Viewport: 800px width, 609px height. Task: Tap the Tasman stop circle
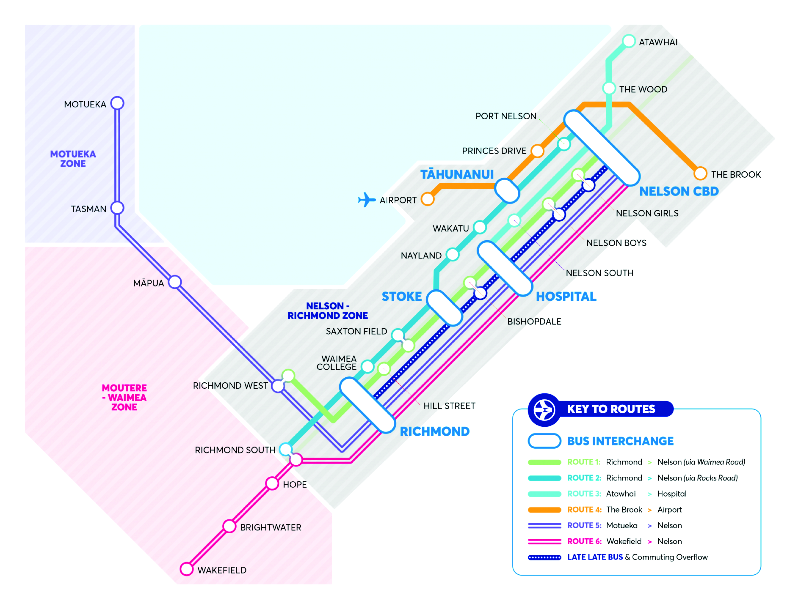click(117, 208)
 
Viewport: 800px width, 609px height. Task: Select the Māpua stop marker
click(175, 282)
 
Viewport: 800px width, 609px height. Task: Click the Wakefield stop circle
click(186, 569)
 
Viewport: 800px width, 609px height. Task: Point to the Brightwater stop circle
click(229, 526)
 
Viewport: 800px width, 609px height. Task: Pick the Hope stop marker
click(272, 484)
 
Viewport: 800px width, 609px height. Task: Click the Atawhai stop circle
click(629, 41)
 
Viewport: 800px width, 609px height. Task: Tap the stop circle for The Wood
click(609, 88)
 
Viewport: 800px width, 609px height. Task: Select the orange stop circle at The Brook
click(700, 174)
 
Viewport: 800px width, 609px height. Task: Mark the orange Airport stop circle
click(428, 199)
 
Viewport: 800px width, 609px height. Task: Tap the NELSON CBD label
click(679, 191)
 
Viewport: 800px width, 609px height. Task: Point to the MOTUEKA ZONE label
click(73, 159)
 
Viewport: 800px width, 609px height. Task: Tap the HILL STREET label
click(449, 406)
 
